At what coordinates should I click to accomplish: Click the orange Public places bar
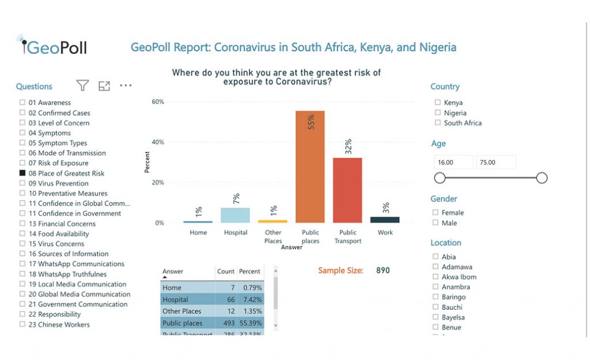pos(310,166)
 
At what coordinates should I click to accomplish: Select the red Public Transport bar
pos(347,190)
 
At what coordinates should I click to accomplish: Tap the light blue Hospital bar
pos(235,215)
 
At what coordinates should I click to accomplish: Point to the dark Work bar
pos(385,219)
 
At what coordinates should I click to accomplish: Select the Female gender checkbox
pos(436,213)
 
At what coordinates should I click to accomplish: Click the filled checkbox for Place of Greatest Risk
pos(22,173)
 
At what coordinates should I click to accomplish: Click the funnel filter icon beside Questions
pos(83,86)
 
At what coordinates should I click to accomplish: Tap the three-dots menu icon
pos(126,86)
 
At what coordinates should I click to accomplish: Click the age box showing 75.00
pos(496,162)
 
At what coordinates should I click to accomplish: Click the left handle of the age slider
pos(440,178)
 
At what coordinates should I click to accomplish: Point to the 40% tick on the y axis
pos(157,142)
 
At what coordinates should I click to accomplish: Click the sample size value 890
pos(383,270)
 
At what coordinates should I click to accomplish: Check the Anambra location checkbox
pos(436,287)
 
